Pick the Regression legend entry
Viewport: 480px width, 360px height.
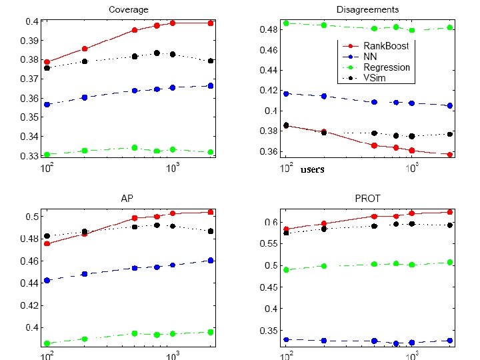click(387, 67)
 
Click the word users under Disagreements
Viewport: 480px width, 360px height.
click(312, 169)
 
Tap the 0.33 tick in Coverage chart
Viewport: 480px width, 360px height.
click(31, 156)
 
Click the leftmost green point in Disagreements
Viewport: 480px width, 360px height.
click(286, 23)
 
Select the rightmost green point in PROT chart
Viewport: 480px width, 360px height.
click(450, 262)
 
